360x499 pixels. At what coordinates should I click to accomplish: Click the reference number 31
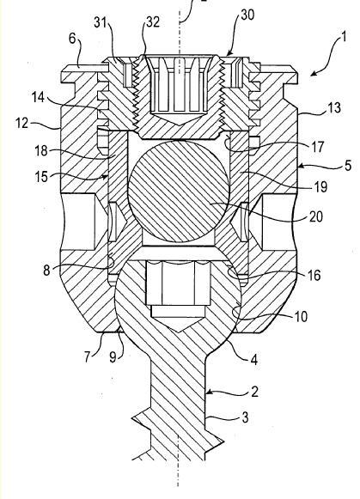(101, 23)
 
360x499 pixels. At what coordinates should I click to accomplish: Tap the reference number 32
(153, 22)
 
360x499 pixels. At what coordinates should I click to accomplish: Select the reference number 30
(247, 15)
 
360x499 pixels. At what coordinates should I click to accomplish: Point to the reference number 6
(72, 39)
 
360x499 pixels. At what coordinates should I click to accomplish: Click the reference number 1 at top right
(343, 37)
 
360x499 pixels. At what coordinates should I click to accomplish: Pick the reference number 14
(38, 97)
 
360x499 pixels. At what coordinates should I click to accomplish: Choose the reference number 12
(22, 123)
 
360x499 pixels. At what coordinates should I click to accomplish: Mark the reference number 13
(334, 108)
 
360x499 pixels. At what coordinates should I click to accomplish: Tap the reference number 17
(317, 147)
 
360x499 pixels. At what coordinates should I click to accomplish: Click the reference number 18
(41, 150)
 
